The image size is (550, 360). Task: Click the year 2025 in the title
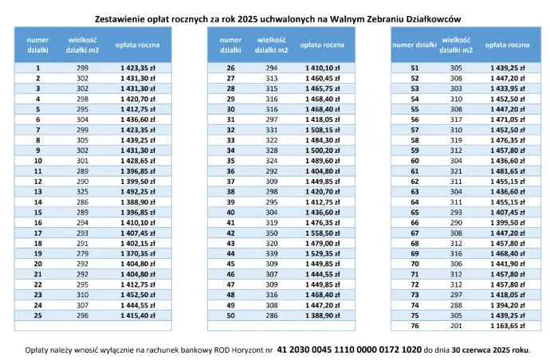(x=246, y=19)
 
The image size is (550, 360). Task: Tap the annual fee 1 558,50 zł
(x=322, y=233)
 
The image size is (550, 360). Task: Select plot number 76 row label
(x=414, y=326)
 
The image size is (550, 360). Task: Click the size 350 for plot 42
(x=272, y=233)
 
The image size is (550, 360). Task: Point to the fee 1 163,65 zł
(x=507, y=326)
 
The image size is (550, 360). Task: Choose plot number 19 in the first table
(x=38, y=253)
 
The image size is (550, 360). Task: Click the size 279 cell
(x=82, y=253)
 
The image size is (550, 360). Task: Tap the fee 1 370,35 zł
(x=137, y=253)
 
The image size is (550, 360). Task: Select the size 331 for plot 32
(x=272, y=130)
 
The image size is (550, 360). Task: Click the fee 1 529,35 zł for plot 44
(x=322, y=253)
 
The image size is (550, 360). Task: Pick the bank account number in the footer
(x=349, y=350)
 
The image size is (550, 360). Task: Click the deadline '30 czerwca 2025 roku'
(x=491, y=350)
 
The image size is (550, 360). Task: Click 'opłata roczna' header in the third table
(x=507, y=45)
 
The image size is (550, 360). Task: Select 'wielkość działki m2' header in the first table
(x=82, y=45)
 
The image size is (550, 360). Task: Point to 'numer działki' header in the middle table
(x=230, y=45)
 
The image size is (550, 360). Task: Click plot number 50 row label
(x=230, y=315)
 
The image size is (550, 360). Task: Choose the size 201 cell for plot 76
(x=456, y=326)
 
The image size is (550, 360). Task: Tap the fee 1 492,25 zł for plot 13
(x=137, y=192)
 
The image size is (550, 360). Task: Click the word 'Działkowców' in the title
(x=433, y=19)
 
